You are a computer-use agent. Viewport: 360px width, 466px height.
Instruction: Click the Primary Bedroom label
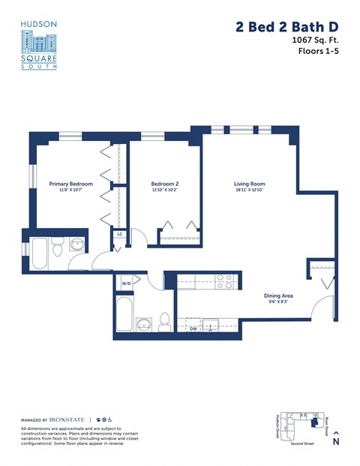point(70,184)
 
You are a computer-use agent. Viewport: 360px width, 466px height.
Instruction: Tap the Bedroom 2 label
point(164,184)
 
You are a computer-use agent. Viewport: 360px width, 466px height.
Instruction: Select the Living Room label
point(249,184)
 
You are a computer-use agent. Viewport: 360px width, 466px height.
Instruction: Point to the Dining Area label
point(278,296)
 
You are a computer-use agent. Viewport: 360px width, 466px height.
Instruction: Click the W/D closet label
point(127,284)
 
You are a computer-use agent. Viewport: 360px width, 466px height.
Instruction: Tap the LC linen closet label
point(119,234)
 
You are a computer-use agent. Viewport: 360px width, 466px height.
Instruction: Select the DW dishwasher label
point(193,329)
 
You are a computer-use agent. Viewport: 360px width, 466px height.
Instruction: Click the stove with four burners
point(224,281)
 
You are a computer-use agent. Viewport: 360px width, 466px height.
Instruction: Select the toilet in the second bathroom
point(164,322)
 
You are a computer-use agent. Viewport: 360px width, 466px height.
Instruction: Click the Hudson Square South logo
point(39,45)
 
